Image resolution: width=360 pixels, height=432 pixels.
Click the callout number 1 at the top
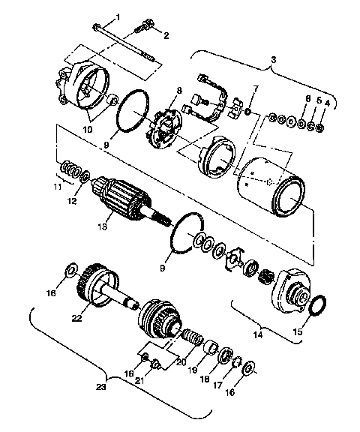click(117, 17)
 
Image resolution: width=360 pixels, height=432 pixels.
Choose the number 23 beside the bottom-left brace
click(102, 388)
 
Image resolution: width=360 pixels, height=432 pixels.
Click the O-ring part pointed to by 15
click(317, 305)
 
